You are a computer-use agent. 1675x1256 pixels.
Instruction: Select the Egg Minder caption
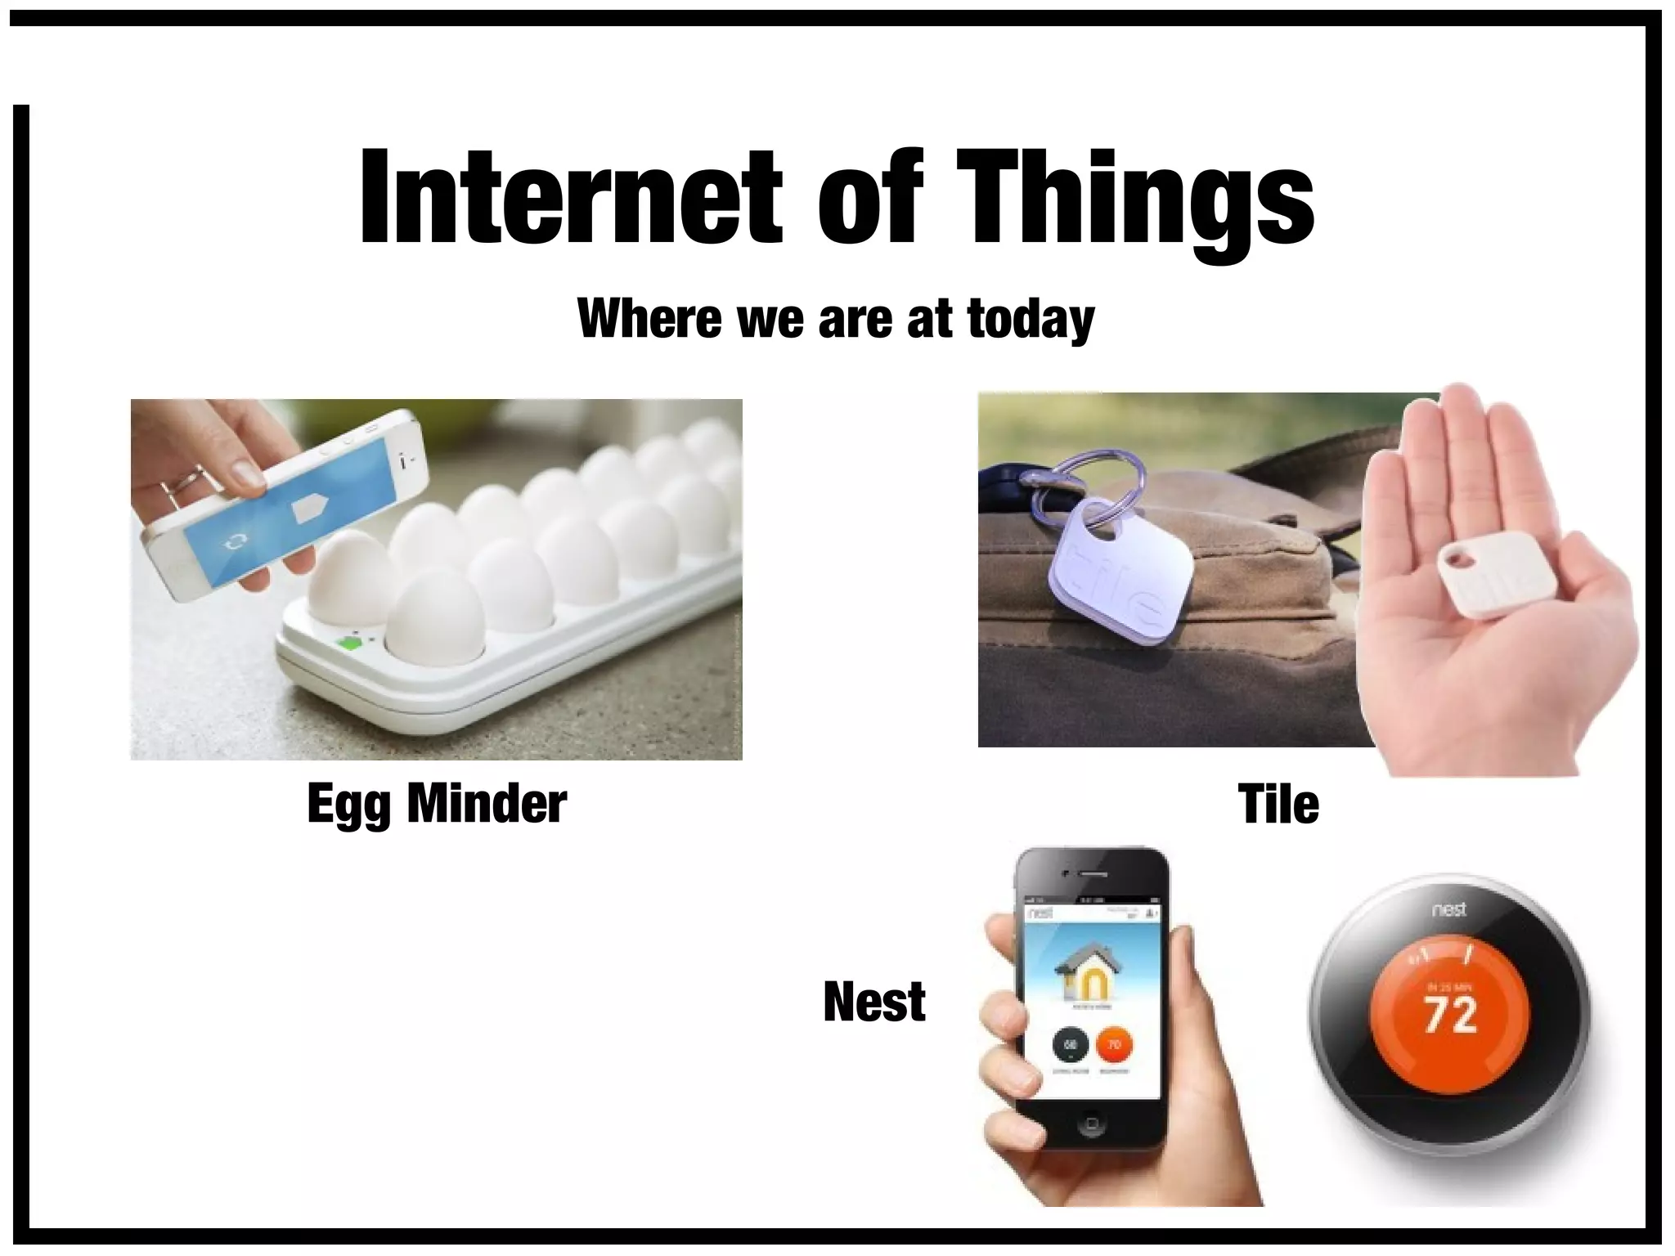click(x=437, y=804)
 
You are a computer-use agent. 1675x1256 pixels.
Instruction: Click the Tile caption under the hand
click(x=1278, y=804)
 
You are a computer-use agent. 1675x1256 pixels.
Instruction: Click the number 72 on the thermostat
click(x=1451, y=1016)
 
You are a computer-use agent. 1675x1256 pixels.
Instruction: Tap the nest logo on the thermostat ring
click(x=1449, y=908)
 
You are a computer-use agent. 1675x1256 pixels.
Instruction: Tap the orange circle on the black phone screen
click(x=1113, y=1045)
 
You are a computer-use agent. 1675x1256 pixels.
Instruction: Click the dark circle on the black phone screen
click(x=1069, y=1045)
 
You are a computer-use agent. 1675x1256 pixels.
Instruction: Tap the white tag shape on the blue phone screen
click(x=310, y=508)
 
